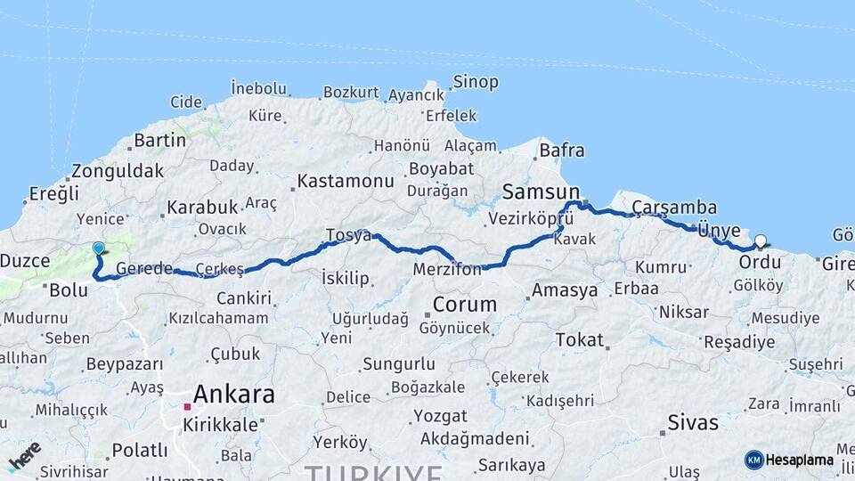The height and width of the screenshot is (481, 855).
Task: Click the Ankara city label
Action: click(x=234, y=394)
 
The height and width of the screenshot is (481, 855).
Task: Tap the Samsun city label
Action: click(x=541, y=192)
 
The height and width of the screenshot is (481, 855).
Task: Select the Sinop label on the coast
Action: click(x=476, y=82)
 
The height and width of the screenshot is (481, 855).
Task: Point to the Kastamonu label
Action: click(x=346, y=181)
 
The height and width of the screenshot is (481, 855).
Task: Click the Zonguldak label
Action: click(x=118, y=171)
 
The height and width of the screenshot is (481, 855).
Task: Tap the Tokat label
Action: click(x=580, y=339)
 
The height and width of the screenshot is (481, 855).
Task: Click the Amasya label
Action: click(x=565, y=290)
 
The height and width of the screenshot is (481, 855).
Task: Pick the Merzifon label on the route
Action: click(x=447, y=268)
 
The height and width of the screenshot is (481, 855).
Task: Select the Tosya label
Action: click(x=348, y=235)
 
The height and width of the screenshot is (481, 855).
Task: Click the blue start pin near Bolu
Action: click(x=98, y=249)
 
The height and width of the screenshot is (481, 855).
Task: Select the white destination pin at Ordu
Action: click(x=760, y=240)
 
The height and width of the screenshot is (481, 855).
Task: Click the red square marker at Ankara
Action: click(x=188, y=407)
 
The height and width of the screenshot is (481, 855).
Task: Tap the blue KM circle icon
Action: click(x=753, y=460)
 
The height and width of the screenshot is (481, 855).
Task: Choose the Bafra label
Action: click(x=562, y=150)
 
